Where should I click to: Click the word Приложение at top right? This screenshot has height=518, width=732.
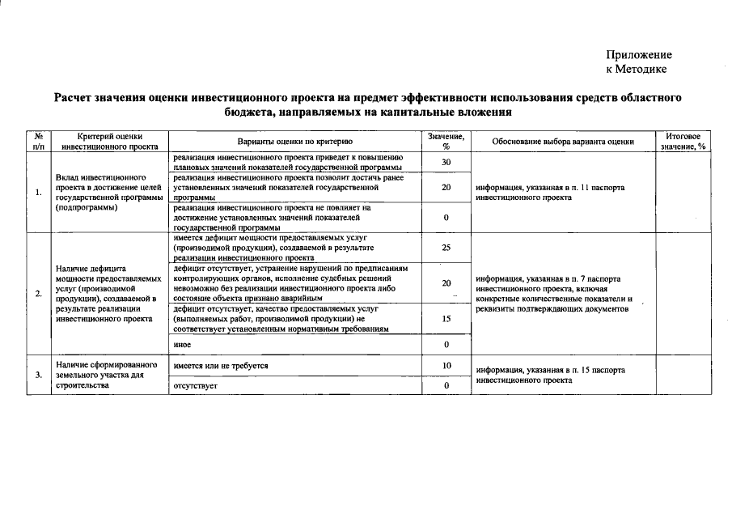pyautogui.click(x=638, y=55)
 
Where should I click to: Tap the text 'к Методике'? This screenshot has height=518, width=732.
pyautogui.click(x=638, y=70)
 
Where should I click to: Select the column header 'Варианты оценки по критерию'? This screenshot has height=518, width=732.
pyautogui.click(x=294, y=142)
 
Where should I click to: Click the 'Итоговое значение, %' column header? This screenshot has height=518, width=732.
pyautogui.click(x=683, y=142)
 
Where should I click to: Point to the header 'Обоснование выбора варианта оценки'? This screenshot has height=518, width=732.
pyautogui.click(x=563, y=142)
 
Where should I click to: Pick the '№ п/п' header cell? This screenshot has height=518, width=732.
pyautogui.click(x=38, y=142)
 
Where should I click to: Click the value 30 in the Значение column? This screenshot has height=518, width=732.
pyautogui.click(x=446, y=163)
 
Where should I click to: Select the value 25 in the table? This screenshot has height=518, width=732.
pyautogui.click(x=446, y=248)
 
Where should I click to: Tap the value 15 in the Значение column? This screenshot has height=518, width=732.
pyautogui.click(x=446, y=319)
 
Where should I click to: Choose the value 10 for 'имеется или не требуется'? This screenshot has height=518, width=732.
pyautogui.click(x=446, y=367)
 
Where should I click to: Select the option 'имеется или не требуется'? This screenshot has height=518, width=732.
pyautogui.click(x=220, y=367)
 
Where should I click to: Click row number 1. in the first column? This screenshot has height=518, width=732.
pyautogui.click(x=38, y=193)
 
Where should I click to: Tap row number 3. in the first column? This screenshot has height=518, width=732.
pyautogui.click(x=38, y=376)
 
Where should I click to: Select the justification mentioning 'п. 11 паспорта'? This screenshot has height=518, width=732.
pyautogui.click(x=551, y=192)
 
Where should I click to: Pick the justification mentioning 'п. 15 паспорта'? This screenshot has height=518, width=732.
pyautogui.click(x=551, y=375)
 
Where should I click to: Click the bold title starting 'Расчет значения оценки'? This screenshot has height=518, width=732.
pyautogui.click(x=368, y=105)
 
